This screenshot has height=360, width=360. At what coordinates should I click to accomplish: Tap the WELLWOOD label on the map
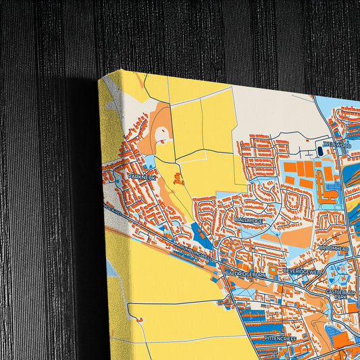tap(337, 144)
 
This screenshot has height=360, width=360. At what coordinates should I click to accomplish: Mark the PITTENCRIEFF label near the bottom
tap(281, 336)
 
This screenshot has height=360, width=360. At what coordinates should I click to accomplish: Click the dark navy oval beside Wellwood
tap(319, 151)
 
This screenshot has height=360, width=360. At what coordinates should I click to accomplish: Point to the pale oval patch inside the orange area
tap(163, 134)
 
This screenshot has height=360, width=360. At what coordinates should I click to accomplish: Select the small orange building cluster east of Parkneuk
tap(178, 179)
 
